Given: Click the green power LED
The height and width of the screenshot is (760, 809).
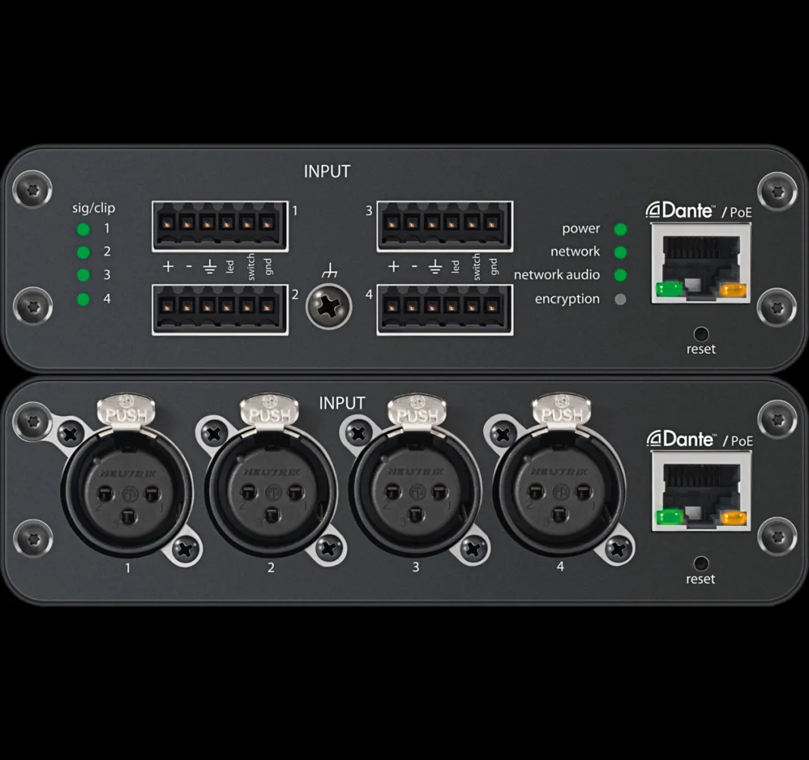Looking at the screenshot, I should pos(620,229).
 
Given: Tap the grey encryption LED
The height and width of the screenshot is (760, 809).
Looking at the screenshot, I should pos(620,299).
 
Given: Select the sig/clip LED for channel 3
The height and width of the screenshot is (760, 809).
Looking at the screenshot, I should pos(83,276).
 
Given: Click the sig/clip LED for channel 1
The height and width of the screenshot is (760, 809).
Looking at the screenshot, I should pos(83,229).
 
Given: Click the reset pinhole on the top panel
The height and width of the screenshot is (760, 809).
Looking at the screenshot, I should pos(701,333).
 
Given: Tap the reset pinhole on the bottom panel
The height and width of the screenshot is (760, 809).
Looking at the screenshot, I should pos(701,563).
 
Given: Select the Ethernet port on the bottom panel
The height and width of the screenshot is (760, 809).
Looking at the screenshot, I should pos(700,490).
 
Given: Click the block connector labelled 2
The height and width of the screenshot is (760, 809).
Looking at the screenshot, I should pos(220,309).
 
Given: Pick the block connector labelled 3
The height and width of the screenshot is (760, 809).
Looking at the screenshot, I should pos(445,226).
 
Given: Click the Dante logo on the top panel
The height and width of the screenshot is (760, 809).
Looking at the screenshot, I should pos(679,209).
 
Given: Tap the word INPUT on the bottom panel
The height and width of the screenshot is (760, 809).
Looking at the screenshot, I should pos(342,403).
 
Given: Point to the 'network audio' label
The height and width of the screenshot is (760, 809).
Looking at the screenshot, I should pos(557,275).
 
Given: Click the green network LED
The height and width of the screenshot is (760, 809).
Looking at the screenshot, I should pos(620,252).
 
